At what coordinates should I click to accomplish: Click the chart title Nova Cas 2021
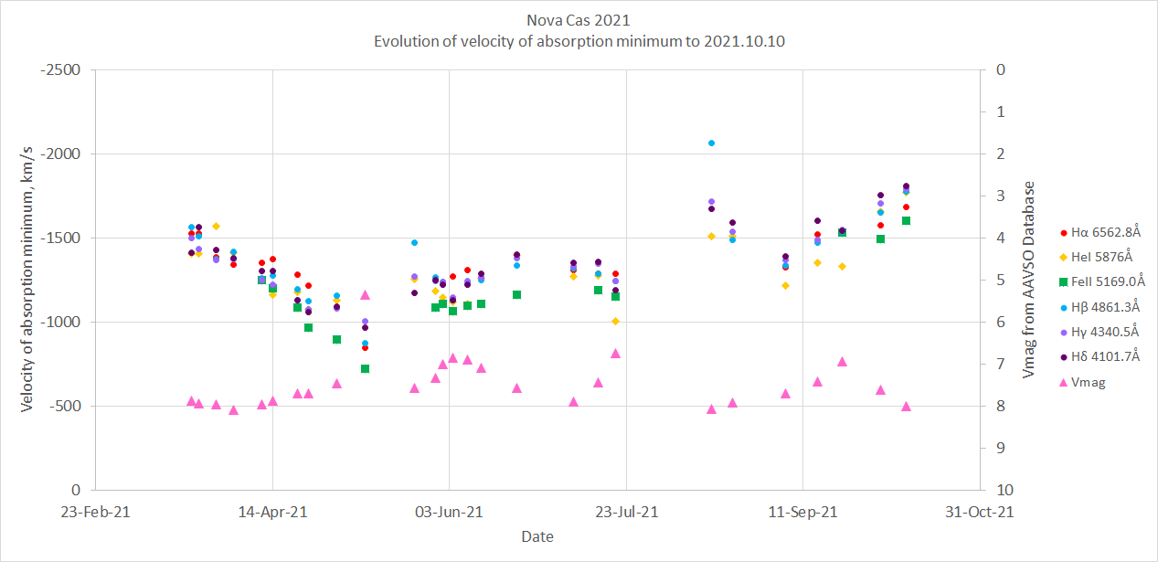(x=578, y=20)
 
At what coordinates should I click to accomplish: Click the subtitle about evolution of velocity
(x=579, y=41)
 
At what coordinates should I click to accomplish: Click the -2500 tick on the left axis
(x=63, y=70)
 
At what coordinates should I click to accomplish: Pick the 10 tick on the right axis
(x=1002, y=491)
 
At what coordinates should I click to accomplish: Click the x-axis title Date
(x=537, y=536)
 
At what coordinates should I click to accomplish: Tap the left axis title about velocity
(x=27, y=280)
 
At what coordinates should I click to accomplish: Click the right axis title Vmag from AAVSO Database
(x=1030, y=280)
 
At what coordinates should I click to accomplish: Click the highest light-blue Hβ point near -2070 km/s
(x=711, y=143)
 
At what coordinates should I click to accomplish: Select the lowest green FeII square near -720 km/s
(x=365, y=368)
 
